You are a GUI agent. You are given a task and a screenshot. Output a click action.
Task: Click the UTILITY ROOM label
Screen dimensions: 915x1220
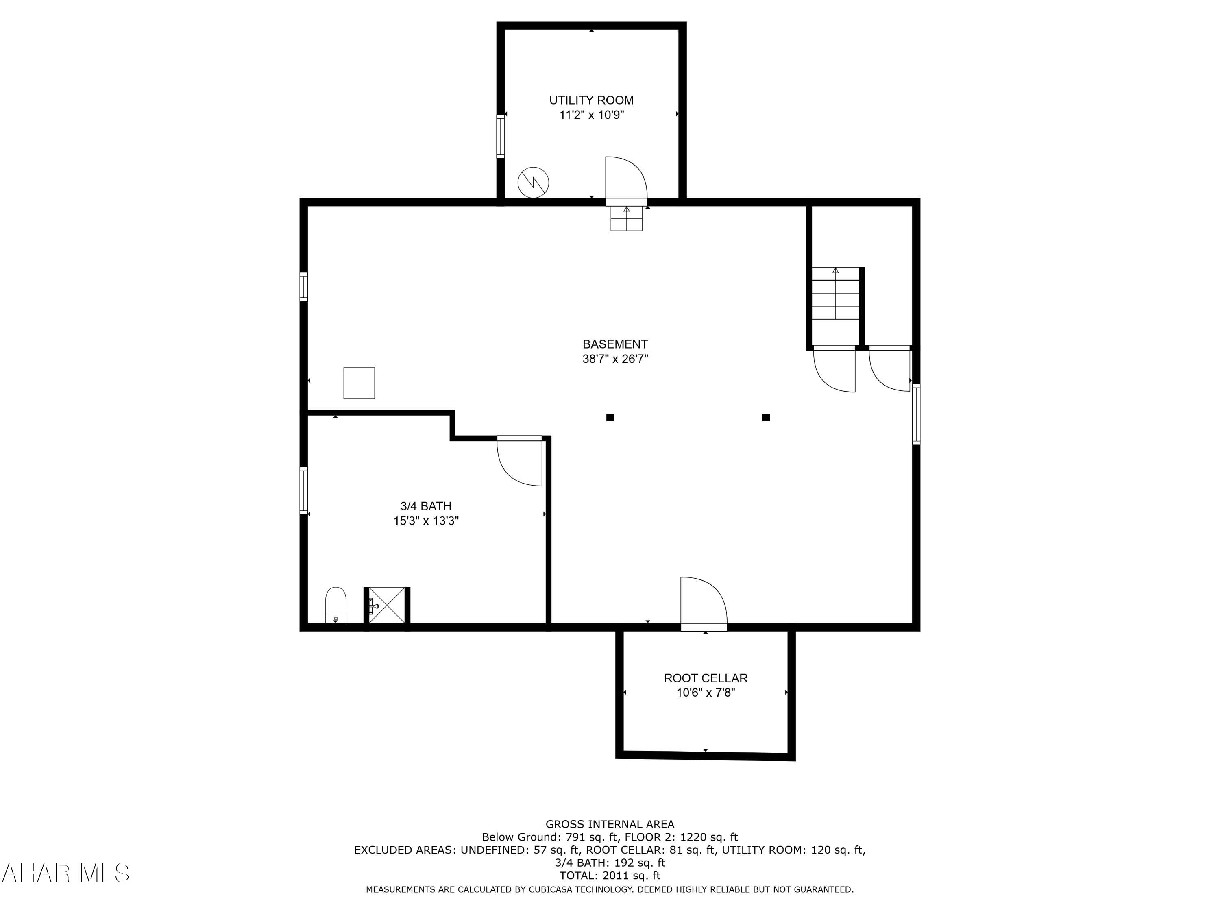pos(591,100)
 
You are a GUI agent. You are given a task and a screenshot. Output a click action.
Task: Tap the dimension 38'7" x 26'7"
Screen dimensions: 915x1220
pos(615,359)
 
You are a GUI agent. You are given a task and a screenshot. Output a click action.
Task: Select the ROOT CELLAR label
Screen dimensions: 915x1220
pos(706,678)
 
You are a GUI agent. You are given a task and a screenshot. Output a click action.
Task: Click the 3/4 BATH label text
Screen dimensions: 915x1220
pos(426,506)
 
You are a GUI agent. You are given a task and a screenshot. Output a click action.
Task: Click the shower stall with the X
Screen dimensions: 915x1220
pos(387,606)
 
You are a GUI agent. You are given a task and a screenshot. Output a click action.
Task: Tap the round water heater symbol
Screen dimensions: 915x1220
pos(533,182)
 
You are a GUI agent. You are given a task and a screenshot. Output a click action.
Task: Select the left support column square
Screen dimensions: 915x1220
pos(610,418)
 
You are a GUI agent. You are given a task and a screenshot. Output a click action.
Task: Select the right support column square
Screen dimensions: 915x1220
pos(766,418)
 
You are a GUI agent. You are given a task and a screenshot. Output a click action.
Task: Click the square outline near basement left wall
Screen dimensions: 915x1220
pos(359,383)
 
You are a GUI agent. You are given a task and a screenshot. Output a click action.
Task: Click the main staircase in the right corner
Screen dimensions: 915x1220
pos(836,294)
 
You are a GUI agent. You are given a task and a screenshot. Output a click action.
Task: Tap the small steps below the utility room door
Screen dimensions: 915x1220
pos(627,218)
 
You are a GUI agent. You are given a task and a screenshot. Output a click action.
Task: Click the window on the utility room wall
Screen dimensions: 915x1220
pos(500,136)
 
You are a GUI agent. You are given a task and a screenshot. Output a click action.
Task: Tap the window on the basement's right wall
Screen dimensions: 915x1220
pos(916,414)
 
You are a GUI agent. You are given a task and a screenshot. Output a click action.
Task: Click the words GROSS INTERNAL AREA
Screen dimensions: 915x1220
pos(610,824)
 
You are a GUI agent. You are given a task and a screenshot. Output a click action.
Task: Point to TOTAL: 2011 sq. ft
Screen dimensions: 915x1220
pos(610,875)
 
